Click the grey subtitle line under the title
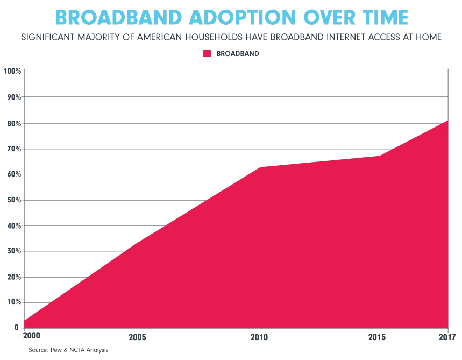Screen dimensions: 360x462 coord(231,38)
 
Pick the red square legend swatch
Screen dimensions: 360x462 coord(206,53)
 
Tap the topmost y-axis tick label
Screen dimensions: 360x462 coord(12,70)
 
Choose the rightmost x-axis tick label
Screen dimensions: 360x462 coord(445,337)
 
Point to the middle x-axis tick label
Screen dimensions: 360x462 coord(259,337)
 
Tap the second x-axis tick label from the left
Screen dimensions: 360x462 coord(139,337)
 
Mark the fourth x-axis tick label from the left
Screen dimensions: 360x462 coord(379,337)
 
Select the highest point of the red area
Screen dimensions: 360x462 coord(447,121)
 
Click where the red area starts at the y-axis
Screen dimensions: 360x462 coord(25,319)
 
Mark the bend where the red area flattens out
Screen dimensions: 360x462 coord(259,166)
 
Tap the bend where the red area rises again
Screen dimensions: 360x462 coord(379,156)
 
